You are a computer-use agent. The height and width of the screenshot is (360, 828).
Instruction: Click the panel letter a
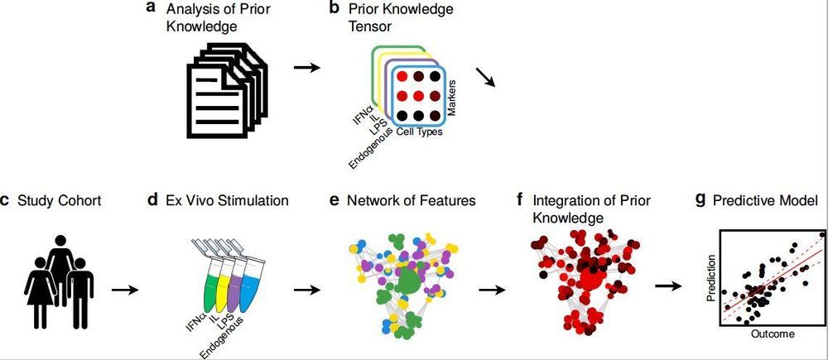(x=150, y=8)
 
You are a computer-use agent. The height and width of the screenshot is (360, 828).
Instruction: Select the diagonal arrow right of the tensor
(x=484, y=77)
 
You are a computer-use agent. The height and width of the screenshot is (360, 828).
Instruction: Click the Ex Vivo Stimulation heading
(x=227, y=199)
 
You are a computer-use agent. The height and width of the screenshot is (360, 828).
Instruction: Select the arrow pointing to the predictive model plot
(x=667, y=286)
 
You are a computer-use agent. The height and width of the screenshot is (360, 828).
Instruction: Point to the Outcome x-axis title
(x=772, y=334)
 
